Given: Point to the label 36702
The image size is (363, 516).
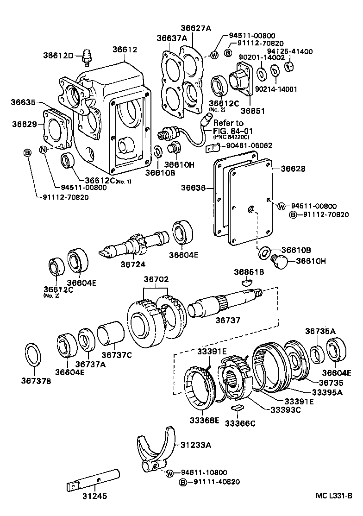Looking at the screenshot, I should click(156, 280).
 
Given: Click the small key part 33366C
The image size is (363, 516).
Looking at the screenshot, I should click(237, 408).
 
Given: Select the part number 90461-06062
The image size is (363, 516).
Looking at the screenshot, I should click(249, 145).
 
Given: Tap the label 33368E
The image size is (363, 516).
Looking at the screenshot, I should click(204, 420).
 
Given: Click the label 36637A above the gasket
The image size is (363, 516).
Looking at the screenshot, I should click(172, 38).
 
